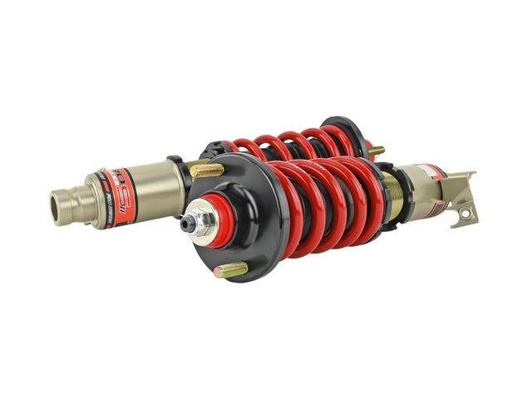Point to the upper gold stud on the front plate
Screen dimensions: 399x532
tap(208, 170)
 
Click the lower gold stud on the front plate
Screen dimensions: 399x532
tap(232, 269)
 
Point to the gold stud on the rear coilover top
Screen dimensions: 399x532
tap(376, 151)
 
